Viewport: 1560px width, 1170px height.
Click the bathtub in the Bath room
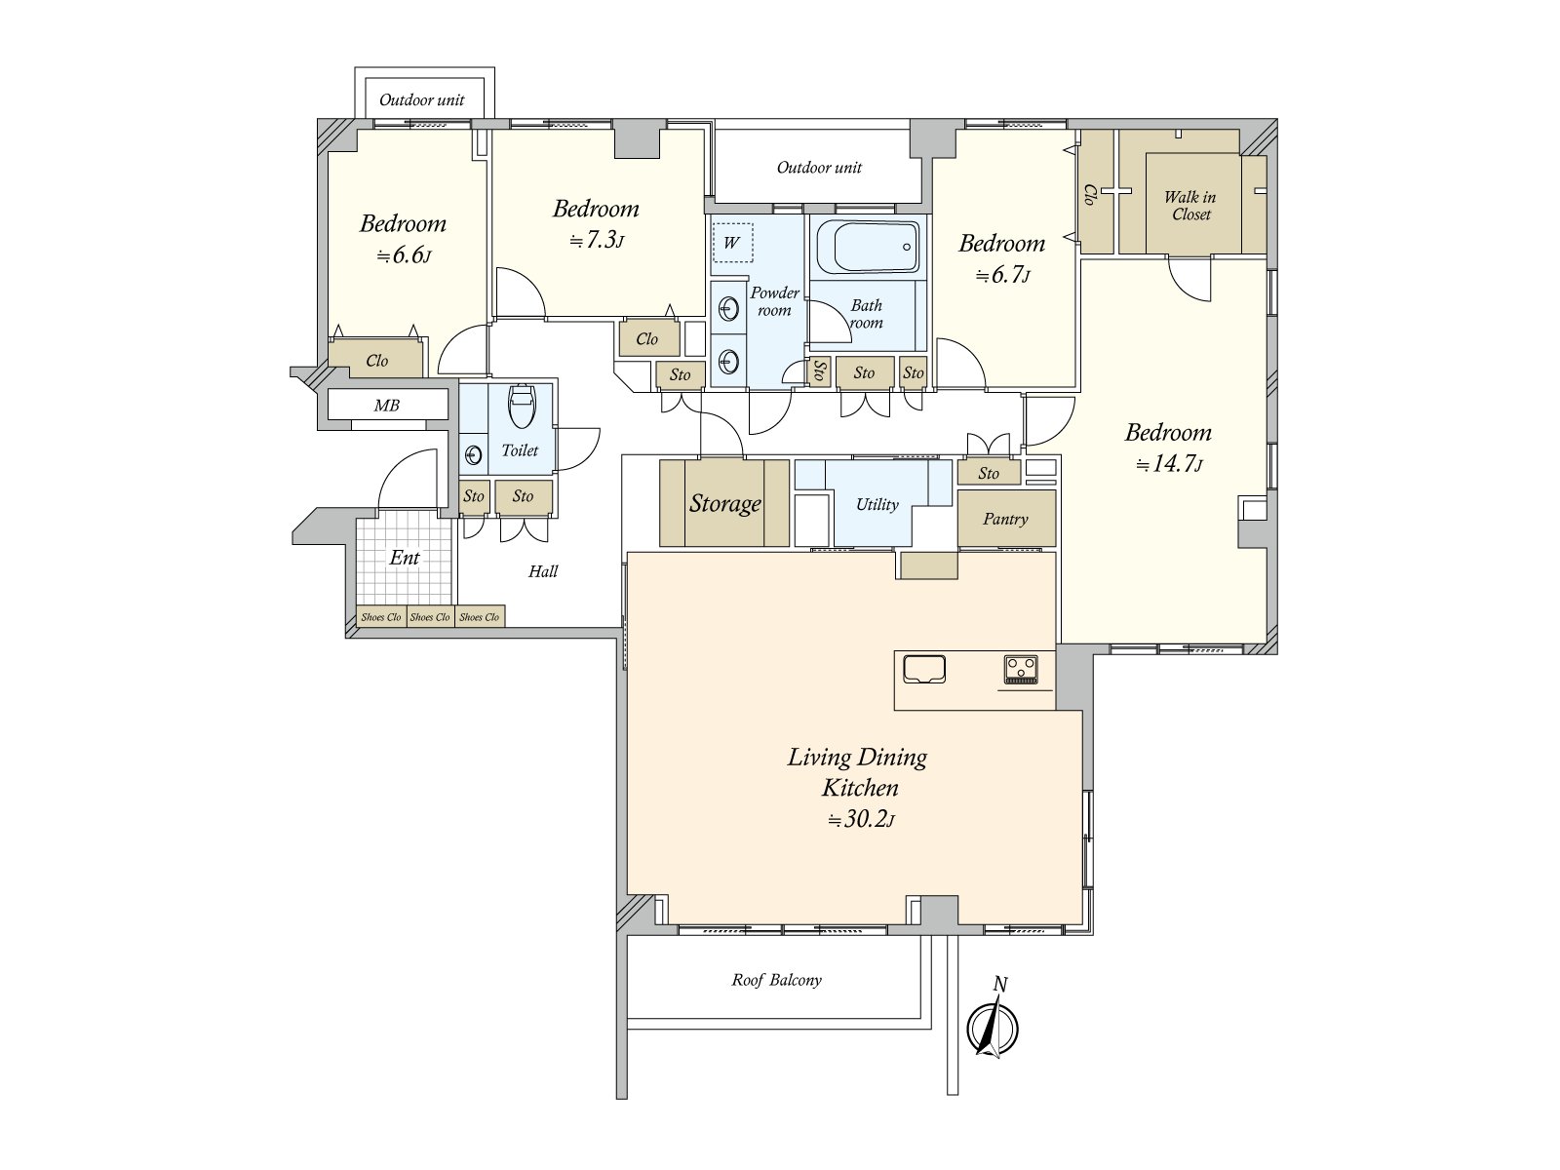pyautogui.click(x=868, y=248)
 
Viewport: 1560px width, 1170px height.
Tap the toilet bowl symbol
pyautogui.click(x=522, y=407)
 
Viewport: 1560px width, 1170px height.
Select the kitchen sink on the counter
pyautogui.click(x=924, y=669)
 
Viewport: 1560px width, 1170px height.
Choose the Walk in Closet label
pyautogui.click(x=1190, y=206)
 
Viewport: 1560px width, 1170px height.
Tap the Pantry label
pyautogui.click(x=1005, y=520)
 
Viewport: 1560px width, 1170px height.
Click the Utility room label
pyautogui.click(x=877, y=504)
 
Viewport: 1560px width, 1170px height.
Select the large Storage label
pyautogui.click(x=725, y=504)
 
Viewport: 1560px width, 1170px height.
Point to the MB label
pyautogui.click(x=387, y=406)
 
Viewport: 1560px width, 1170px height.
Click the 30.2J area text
pyautogui.click(x=861, y=820)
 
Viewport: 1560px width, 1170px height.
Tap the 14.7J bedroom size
pyautogui.click(x=1169, y=464)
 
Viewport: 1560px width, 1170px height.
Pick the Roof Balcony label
pyautogui.click(x=777, y=980)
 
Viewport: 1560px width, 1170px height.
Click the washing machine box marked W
pyautogui.click(x=732, y=242)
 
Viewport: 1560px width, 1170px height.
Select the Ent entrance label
pyautogui.click(x=405, y=558)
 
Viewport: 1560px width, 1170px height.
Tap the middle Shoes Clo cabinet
pyautogui.click(x=430, y=616)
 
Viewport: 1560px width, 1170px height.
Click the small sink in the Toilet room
pyautogui.click(x=473, y=454)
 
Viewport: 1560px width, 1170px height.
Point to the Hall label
pyautogui.click(x=543, y=571)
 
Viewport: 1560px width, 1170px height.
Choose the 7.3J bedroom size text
pyautogui.click(x=597, y=240)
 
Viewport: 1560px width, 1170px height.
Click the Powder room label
pyautogui.click(x=775, y=301)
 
